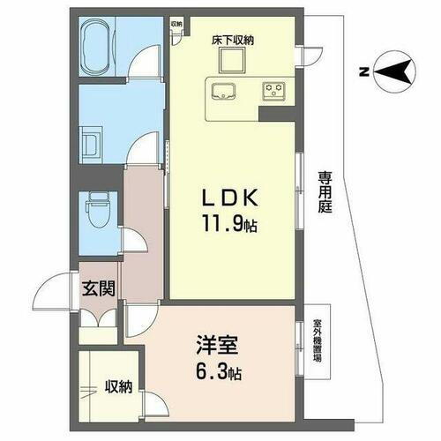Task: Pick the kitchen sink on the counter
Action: pos(223,89)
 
